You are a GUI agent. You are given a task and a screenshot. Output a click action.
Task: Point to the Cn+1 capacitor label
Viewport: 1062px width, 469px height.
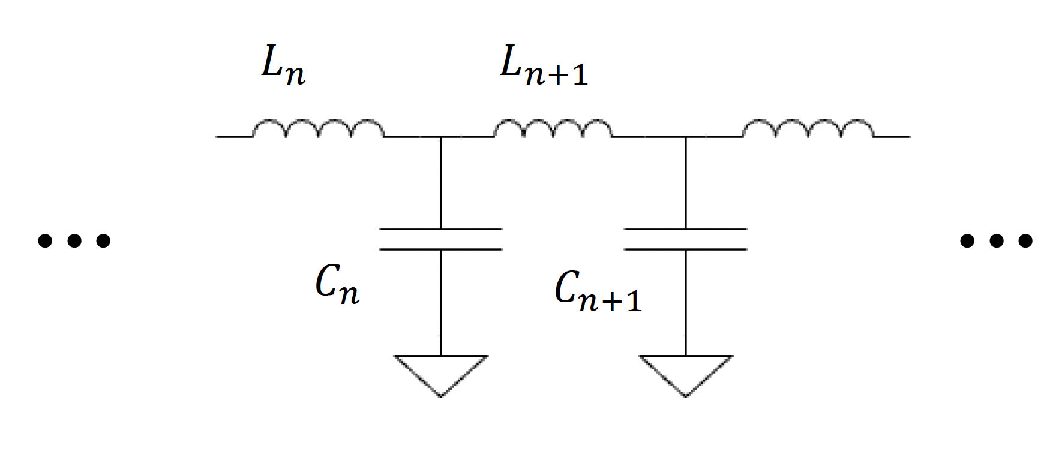coord(598,293)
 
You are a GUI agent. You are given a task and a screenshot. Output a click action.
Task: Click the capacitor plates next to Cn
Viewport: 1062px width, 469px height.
coord(441,239)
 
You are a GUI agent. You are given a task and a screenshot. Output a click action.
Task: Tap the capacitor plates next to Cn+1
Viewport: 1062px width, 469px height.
coord(686,239)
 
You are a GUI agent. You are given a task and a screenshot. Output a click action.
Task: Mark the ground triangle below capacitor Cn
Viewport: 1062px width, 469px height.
coord(441,372)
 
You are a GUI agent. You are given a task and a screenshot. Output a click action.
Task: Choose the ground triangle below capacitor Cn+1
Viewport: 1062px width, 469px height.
coord(686,372)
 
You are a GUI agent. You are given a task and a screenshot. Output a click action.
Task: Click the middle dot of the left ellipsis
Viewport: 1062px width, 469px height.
coord(74,240)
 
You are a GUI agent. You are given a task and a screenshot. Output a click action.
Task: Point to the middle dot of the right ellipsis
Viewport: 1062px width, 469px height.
coord(997,240)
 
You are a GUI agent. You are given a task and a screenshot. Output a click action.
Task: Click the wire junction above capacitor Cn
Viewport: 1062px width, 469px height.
coord(441,137)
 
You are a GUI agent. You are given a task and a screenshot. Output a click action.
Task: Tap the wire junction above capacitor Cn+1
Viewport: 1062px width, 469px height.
coord(686,137)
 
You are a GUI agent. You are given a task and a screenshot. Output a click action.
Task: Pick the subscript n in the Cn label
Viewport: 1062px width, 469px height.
coord(347,294)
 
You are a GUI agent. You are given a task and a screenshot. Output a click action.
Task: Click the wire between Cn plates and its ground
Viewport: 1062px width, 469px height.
coord(441,303)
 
